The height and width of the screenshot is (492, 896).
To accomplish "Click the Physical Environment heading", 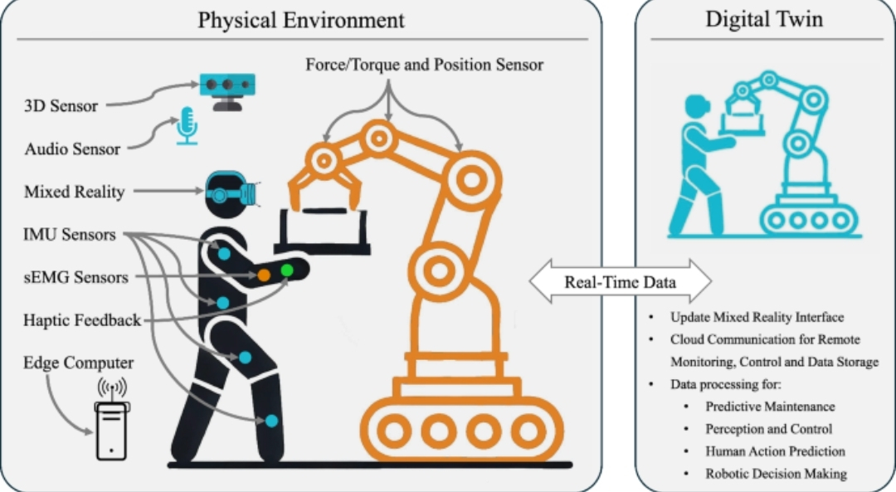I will tap(301, 19).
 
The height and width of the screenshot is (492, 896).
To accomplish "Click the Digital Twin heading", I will tap(764, 19).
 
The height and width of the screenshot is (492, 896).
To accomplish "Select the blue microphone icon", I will tap(187, 125).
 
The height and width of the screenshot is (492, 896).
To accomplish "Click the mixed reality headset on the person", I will tap(229, 191).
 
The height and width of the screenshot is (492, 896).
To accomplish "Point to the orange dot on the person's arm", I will tap(263, 274).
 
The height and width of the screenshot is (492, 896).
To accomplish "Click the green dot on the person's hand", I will tap(288, 270).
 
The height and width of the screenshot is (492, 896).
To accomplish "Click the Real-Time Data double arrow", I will tap(620, 282).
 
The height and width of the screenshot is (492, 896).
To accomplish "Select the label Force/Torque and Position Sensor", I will tap(425, 64).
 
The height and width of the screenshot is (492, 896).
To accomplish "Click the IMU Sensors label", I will tap(70, 235).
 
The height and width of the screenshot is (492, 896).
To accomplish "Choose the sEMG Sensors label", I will tap(76, 277).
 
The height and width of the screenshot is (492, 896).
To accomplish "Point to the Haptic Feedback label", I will tap(82, 320).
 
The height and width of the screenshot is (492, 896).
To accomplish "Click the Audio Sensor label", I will tap(72, 149).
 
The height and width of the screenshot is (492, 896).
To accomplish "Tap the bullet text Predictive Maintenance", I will tap(770, 407).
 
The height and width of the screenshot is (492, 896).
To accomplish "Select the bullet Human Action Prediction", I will tap(775, 451).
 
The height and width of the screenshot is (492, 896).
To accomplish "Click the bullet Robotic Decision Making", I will tap(776, 474).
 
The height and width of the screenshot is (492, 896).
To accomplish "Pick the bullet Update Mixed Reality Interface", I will tap(757, 318).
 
